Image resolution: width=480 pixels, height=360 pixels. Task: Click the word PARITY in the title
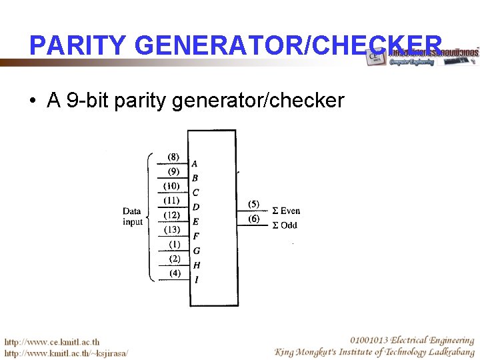[77, 45]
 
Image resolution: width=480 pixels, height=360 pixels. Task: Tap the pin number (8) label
[173, 157]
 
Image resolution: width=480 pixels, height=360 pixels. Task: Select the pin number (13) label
[172, 230]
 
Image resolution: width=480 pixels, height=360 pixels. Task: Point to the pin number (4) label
[174, 273]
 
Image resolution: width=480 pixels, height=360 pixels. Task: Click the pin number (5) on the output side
[253, 204]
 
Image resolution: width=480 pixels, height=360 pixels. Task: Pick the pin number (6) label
[253, 219]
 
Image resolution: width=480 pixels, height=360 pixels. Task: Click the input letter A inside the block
[195, 163]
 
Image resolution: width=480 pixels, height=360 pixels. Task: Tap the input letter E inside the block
[195, 221]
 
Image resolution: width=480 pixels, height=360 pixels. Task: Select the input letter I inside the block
[195, 280]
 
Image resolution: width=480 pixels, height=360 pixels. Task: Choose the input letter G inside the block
[196, 251]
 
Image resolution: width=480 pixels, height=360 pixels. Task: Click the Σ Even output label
[286, 211]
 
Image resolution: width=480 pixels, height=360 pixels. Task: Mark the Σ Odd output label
[285, 225]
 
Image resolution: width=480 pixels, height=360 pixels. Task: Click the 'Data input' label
[132, 217]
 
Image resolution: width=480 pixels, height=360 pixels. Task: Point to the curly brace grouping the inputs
[150, 217]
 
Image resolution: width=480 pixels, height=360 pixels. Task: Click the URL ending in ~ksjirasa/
[66, 353]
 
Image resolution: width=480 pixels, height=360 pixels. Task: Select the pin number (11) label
[172, 201]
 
